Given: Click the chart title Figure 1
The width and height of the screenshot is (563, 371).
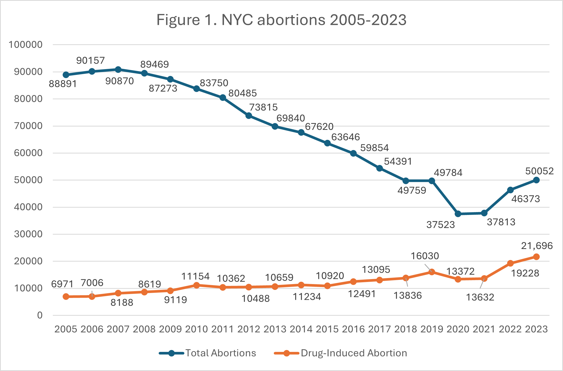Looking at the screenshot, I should click(281, 20).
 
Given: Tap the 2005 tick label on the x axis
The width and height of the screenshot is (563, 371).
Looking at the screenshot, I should click(66, 329).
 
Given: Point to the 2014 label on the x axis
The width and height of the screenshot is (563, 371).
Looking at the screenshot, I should click(301, 329).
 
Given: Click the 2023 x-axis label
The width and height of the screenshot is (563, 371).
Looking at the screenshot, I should click(536, 329).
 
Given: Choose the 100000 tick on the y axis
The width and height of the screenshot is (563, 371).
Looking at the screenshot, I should click(26, 45).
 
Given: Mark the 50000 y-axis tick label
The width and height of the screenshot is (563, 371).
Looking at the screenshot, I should click(28, 180).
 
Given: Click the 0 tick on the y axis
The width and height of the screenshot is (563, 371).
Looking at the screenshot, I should click(40, 315).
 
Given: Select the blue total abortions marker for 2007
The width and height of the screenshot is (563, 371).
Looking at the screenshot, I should click(118, 70).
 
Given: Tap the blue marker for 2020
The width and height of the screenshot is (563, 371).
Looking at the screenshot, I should click(458, 214).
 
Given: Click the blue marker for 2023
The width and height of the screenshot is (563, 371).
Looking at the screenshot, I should click(536, 180).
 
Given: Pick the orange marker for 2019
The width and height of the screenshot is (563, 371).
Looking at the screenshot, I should click(432, 272).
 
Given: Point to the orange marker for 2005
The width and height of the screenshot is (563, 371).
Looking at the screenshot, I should click(66, 297).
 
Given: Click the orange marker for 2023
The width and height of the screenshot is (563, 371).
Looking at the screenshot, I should click(536, 257).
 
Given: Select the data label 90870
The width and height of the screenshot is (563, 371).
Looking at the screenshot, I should click(120, 81).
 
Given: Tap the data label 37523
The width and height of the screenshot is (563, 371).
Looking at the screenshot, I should click(441, 225).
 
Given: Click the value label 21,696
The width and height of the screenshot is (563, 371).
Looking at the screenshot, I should click(537, 246).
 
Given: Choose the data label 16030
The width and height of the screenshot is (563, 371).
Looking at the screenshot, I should click(425, 256).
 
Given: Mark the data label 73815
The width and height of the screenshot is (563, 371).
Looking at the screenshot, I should click(263, 107).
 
